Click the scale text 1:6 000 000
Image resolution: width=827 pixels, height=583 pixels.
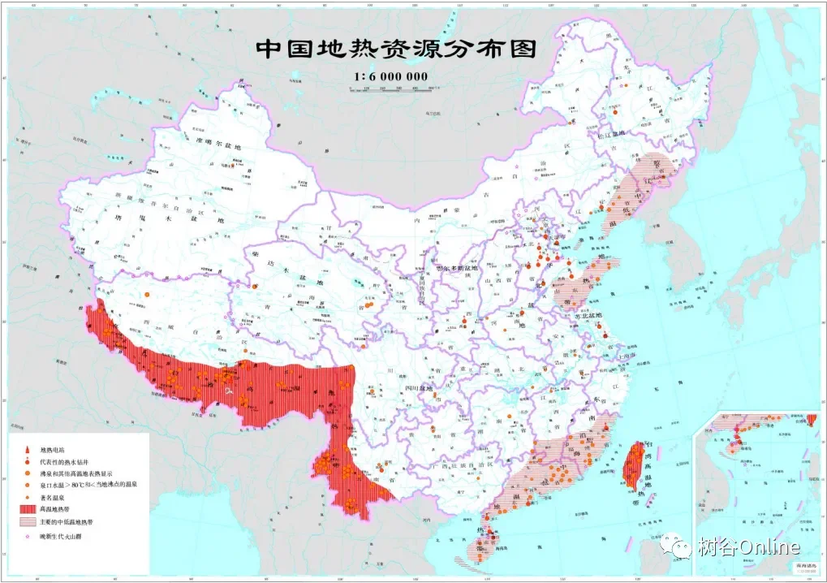point(390,77)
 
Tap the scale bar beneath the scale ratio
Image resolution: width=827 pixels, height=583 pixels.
point(390,88)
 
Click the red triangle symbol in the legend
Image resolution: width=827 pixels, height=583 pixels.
point(26,449)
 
